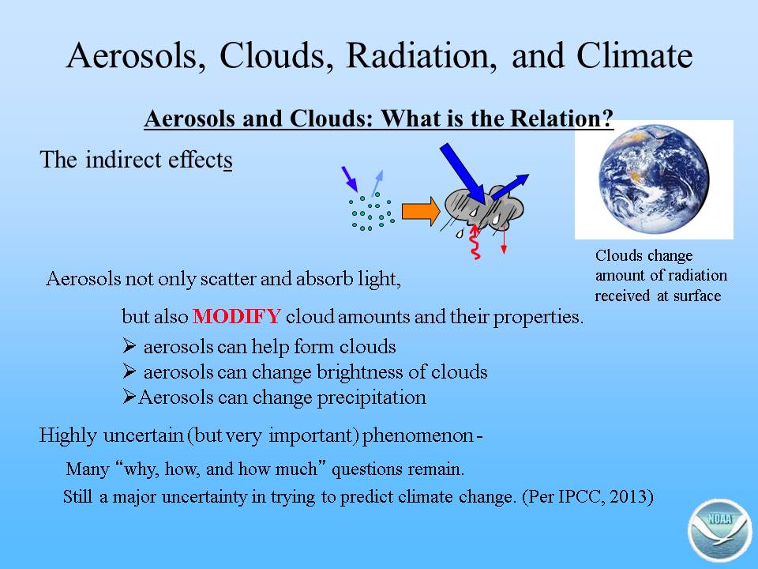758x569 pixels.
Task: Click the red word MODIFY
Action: pos(236,316)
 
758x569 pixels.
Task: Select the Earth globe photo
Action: pos(654,179)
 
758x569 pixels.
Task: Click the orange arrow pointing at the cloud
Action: pos(421,211)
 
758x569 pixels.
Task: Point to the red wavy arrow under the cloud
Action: pos(475,241)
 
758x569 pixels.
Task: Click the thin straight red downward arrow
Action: pos(504,239)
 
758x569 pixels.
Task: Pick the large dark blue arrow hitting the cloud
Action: pos(463,174)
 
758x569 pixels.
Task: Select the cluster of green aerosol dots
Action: pos(371,212)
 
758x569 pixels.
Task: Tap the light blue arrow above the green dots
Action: pos(377,183)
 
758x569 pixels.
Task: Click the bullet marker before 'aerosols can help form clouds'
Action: pos(129,345)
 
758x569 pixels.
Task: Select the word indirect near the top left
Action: pos(123,160)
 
